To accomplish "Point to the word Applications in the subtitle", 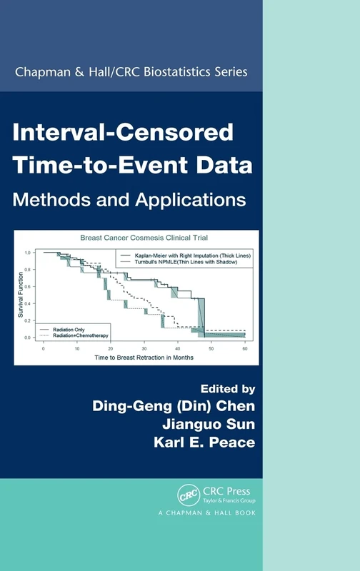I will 192,198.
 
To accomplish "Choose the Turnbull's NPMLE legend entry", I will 184,263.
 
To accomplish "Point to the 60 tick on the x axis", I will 244,344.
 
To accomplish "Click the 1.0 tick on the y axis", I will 28,253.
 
